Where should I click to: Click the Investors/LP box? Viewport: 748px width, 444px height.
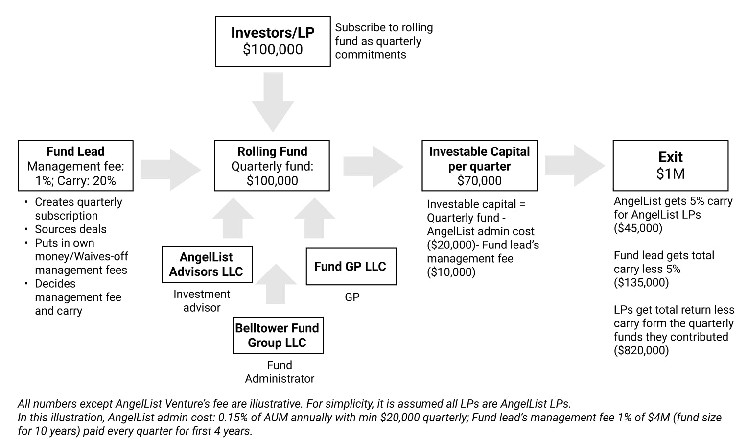tap(273, 41)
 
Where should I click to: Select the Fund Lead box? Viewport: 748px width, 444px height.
tap(75, 166)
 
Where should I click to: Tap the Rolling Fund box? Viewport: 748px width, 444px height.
tap(272, 166)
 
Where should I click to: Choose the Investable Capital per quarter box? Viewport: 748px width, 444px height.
tap(479, 166)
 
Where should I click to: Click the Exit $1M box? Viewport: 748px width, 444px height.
tap(670, 166)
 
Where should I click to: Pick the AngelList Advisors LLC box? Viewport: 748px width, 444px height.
tap(207, 265)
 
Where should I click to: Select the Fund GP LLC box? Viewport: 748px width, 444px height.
tap(351, 267)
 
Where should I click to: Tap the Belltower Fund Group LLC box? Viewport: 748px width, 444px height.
tap(278, 335)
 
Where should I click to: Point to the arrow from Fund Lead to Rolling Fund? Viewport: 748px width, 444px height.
tap(171, 170)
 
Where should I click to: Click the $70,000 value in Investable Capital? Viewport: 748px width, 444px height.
tap(479, 181)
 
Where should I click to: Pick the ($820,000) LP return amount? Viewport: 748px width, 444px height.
tap(641, 350)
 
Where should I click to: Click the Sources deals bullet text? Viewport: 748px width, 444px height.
tap(70, 229)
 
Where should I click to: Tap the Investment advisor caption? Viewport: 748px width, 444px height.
tap(202, 301)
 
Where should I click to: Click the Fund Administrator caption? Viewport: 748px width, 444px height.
tap(280, 372)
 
